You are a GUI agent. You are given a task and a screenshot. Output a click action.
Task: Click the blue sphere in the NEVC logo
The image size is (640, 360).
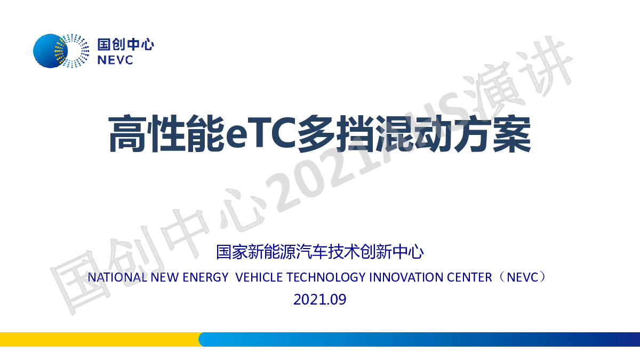(50, 51)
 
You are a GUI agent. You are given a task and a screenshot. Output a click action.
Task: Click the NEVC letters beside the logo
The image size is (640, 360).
(115, 60)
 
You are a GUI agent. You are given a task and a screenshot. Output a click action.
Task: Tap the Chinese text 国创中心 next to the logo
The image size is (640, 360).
(126, 45)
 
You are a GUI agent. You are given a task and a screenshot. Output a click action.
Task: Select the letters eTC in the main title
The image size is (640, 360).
(261, 134)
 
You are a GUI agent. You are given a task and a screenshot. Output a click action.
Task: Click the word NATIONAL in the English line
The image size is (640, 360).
(117, 277)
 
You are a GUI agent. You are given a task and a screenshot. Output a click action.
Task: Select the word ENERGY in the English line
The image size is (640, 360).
(205, 277)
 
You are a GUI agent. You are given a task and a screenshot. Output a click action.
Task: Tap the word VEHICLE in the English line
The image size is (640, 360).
(259, 277)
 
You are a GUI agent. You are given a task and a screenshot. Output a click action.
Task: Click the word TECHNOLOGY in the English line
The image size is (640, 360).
(326, 277)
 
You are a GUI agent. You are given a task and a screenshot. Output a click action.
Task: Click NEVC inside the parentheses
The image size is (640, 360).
(523, 277)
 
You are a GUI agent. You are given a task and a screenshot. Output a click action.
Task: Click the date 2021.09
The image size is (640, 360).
(319, 299)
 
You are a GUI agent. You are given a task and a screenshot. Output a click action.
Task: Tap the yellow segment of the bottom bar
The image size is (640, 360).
(100, 339)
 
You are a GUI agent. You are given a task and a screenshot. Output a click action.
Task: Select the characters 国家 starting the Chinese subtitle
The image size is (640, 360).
(231, 252)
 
